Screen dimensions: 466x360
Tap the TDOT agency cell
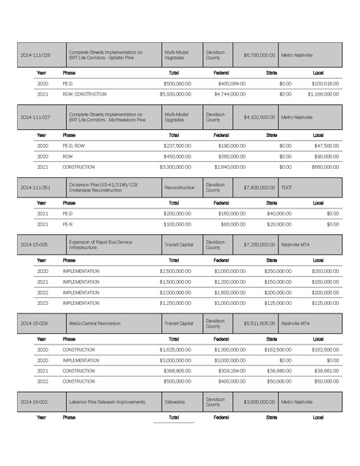point(288,187)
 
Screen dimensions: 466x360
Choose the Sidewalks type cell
point(175,402)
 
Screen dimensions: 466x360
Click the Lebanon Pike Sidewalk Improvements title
point(107,402)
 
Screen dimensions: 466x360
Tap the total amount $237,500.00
point(177,145)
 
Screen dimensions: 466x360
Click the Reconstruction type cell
point(180,187)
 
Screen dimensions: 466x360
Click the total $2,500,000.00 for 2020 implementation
point(175,271)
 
